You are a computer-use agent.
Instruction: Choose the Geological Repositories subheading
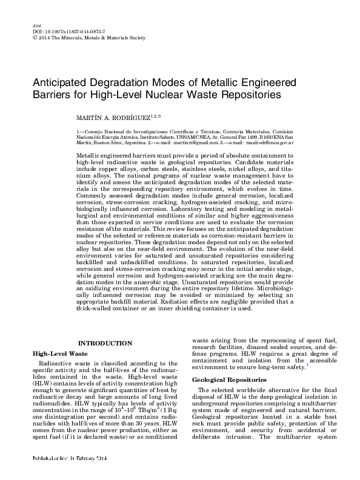[230, 379]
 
